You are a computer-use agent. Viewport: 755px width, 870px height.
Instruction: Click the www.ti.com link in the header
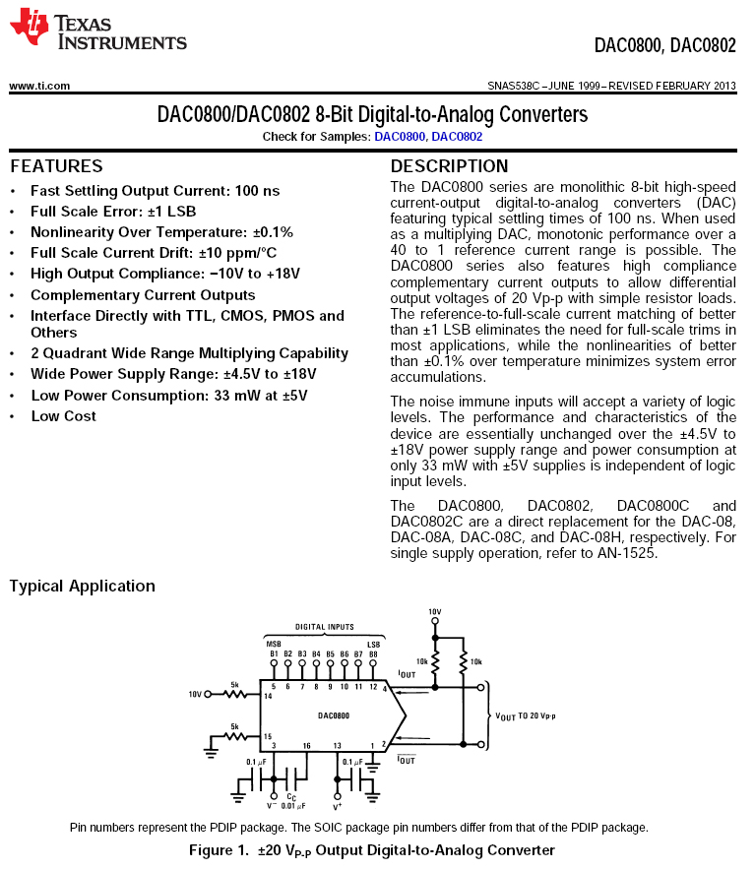point(39,86)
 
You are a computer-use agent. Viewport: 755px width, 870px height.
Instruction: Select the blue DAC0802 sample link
point(457,137)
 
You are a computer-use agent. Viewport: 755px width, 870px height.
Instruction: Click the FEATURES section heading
point(56,166)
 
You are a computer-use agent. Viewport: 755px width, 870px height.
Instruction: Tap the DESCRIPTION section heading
point(449,166)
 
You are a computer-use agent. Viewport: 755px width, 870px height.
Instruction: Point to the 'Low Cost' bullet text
point(63,416)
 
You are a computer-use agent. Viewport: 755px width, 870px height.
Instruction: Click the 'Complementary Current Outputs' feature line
point(143,295)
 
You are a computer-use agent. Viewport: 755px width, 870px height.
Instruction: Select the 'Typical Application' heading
point(82,587)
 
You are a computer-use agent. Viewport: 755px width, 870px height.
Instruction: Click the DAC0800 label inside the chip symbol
point(333,715)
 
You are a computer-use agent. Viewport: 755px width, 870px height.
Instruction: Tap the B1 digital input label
point(274,653)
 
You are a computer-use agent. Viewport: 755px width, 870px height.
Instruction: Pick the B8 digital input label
point(373,653)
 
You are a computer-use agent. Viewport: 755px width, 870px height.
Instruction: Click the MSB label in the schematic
point(274,644)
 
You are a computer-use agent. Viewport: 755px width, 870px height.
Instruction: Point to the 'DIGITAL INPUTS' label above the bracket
point(325,627)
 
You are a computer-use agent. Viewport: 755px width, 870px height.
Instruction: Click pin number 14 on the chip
point(267,696)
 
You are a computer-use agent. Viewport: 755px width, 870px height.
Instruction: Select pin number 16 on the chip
point(306,745)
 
